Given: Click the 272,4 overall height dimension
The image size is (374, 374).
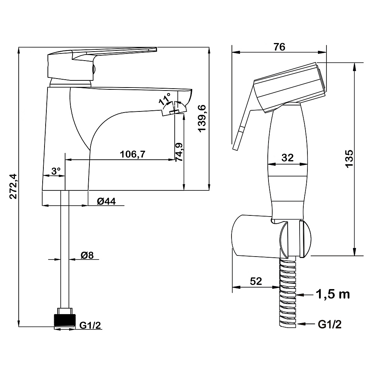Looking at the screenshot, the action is (x=13, y=186).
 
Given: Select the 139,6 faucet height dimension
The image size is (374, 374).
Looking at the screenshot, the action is (x=202, y=118).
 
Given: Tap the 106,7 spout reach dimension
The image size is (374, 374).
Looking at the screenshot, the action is (x=132, y=154).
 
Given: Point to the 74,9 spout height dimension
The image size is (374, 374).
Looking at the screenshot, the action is (x=179, y=152).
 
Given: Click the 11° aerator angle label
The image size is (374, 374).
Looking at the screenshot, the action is (x=165, y=99).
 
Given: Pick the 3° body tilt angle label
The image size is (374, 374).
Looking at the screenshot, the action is (x=56, y=171).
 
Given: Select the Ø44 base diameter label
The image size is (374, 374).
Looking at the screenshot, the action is (x=106, y=202).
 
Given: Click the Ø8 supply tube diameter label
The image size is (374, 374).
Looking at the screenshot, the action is (x=87, y=255).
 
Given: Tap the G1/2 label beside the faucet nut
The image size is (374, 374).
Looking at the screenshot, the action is (x=90, y=325).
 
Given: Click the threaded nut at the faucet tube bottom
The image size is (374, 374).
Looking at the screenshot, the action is (x=65, y=318).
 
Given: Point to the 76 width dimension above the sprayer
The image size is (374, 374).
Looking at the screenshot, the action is (x=279, y=47).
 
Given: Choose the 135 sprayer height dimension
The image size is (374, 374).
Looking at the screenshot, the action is (x=349, y=159).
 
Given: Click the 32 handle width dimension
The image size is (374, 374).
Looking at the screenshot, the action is (x=287, y=158).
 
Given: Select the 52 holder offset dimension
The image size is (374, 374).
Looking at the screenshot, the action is (x=256, y=281).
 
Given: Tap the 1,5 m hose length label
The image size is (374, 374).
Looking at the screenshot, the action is (x=333, y=294).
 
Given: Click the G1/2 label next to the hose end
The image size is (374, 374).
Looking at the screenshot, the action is (x=330, y=324).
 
